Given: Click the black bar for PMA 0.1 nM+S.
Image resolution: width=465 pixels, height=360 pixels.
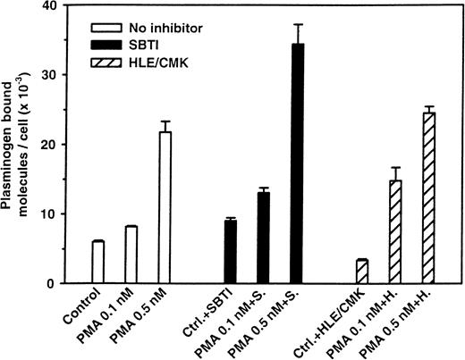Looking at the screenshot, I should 264,239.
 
